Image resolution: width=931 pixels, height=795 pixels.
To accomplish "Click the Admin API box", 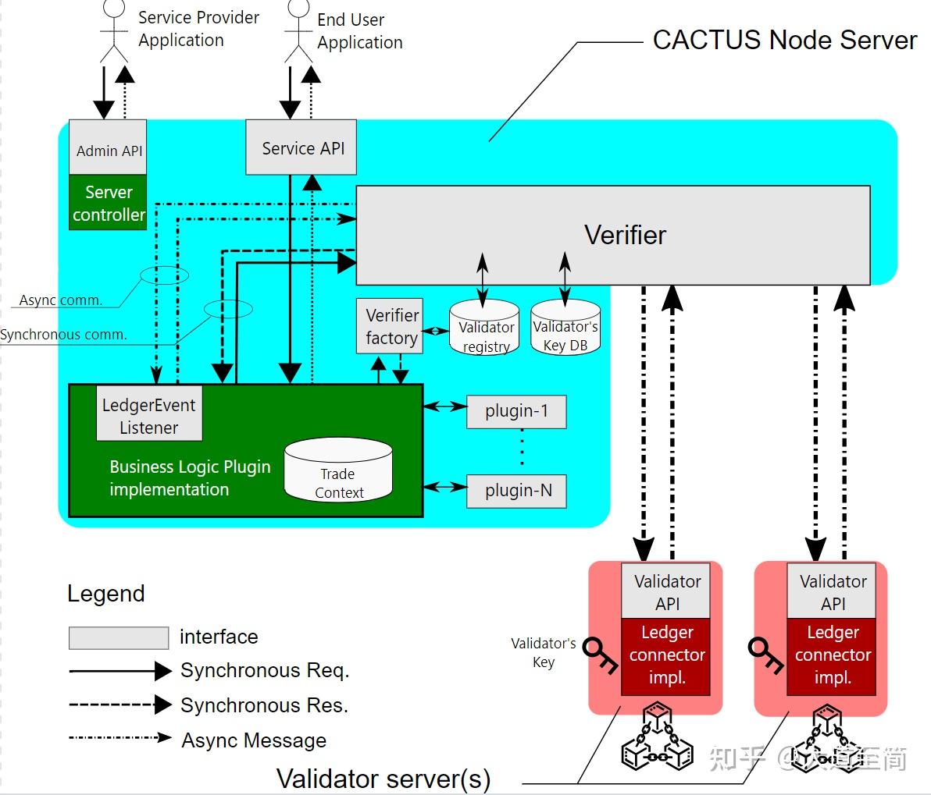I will click(x=108, y=148).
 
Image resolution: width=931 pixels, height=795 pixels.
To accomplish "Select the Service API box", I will click(x=301, y=147).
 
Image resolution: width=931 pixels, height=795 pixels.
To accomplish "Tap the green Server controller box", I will click(x=108, y=204).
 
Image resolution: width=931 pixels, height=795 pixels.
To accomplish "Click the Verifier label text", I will click(x=625, y=235).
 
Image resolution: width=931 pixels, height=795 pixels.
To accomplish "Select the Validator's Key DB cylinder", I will click(x=565, y=328).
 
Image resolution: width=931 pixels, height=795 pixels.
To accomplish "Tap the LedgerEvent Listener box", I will click(x=148, y=416).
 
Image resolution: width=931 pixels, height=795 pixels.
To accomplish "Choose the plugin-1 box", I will click(x=516, y=411).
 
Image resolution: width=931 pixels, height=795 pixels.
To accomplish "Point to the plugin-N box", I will click(x=516, y=491).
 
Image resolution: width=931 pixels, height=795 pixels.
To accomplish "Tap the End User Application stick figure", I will click(x=298, y=31).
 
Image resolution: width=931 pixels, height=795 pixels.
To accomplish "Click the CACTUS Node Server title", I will click(x=784, y=40).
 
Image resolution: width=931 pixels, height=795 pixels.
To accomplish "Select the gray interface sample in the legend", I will click(x=119, y=637).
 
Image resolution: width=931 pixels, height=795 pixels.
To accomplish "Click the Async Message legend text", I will click(x=254, y=740).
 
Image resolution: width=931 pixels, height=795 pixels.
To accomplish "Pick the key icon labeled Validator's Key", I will click(x=601, y=654).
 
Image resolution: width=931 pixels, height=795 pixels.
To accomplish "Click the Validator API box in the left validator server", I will click(x=666, y=591).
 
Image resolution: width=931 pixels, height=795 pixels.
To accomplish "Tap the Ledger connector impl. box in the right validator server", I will click(x=832, y=655).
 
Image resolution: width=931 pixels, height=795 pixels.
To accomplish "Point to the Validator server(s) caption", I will click(x=383, y=778).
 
